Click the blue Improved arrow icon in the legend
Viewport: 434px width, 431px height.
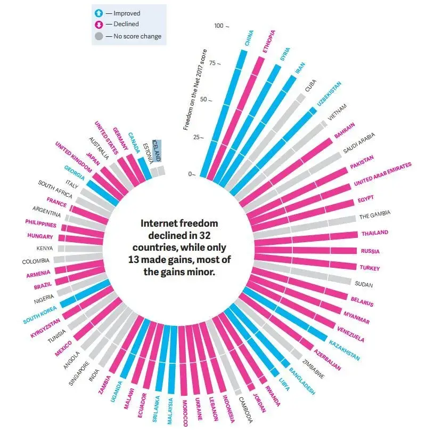tap(98, 13)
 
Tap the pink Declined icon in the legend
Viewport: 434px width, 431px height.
tap(98, 25)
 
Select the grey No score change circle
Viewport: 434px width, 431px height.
tap(98, 36)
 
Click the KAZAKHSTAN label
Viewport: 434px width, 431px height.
tap(344, 350)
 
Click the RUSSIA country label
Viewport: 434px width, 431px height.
tap(370, 250)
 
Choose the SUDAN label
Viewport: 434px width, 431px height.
tap(364, 284)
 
